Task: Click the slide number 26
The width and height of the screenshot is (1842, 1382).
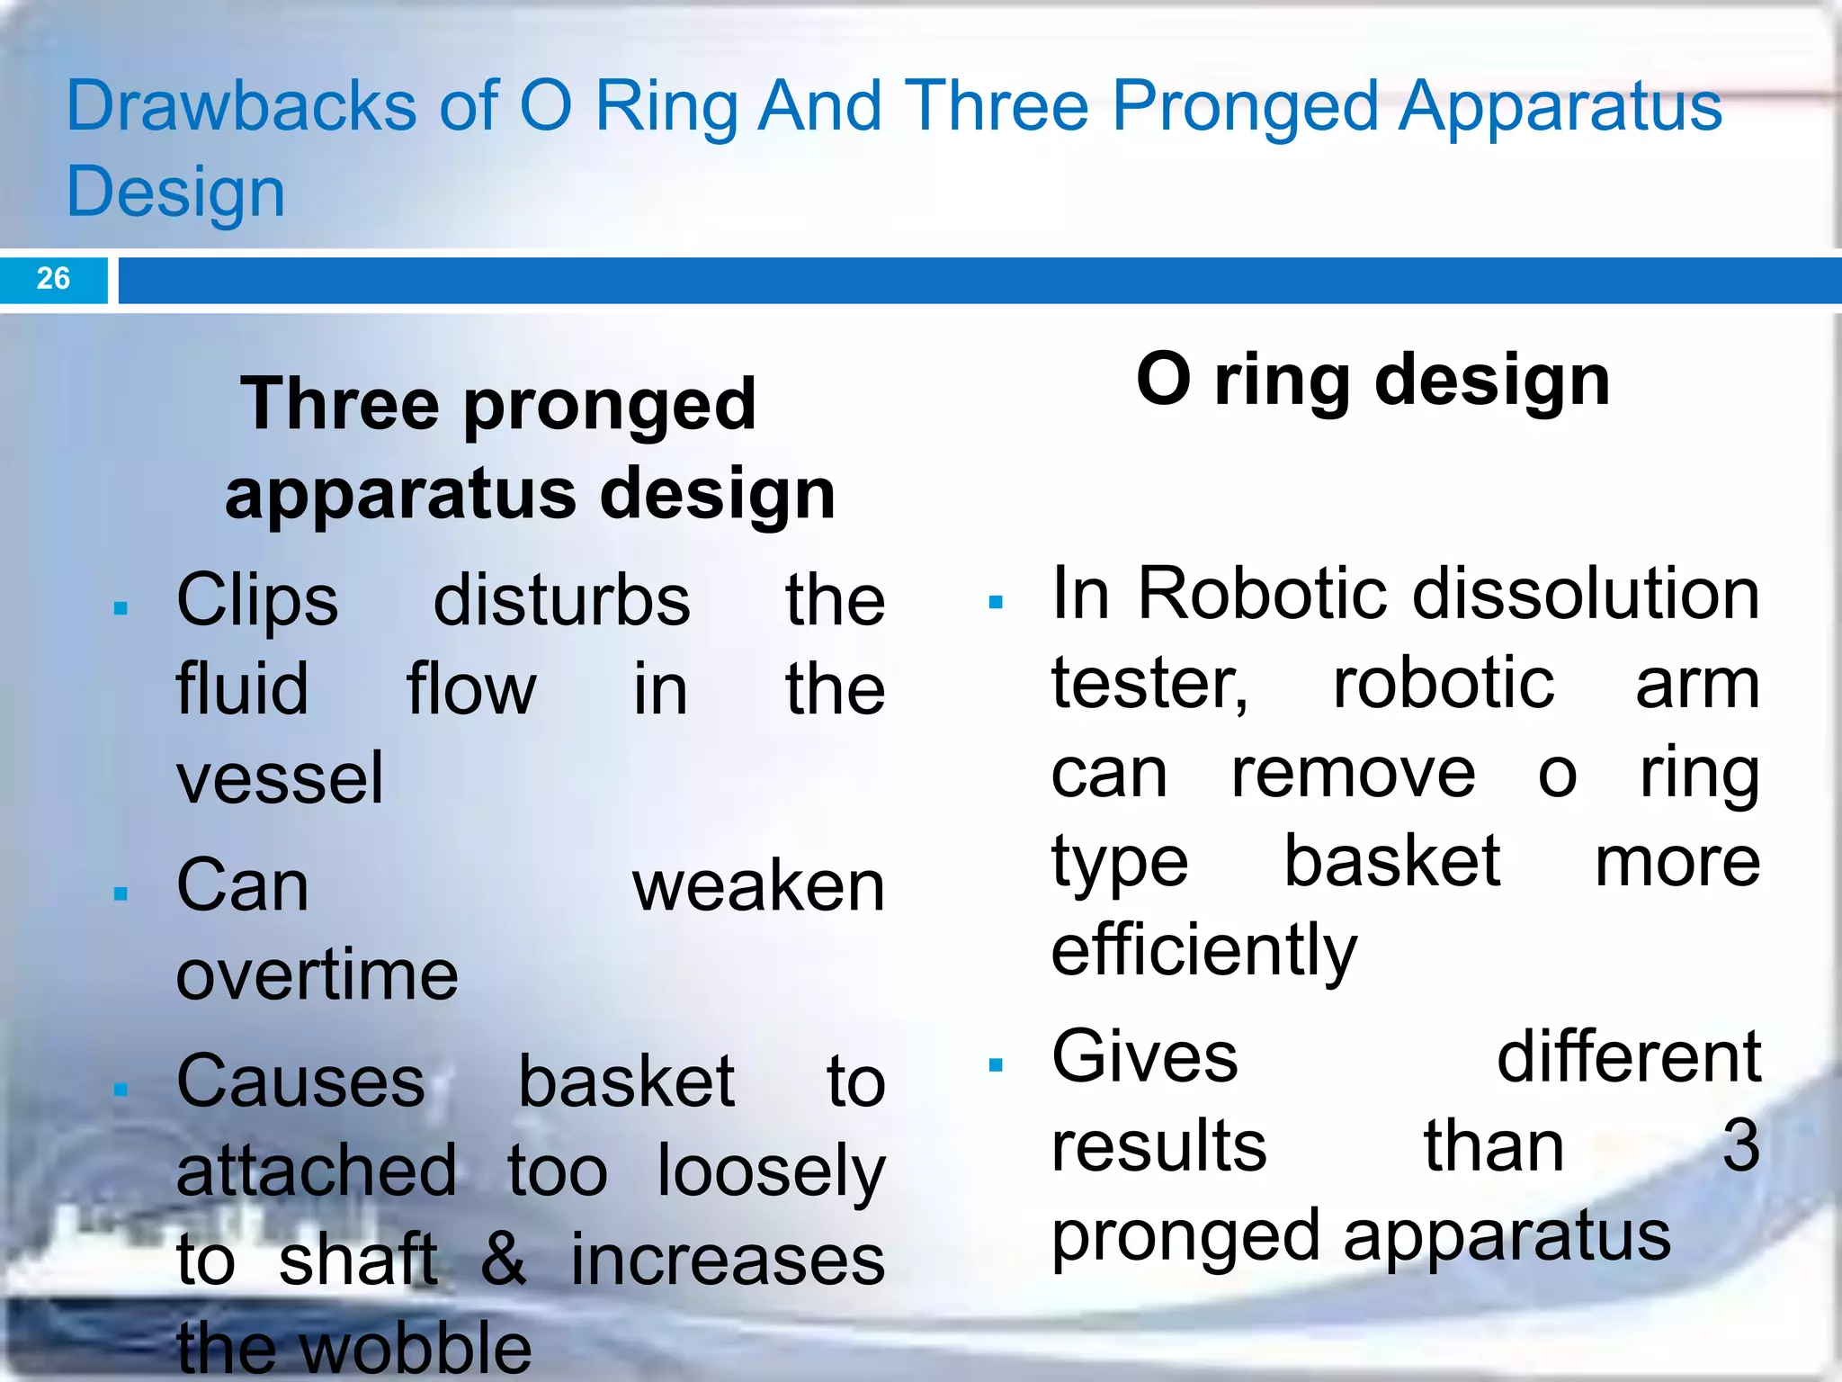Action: pyautogui.click(x=53, y=278)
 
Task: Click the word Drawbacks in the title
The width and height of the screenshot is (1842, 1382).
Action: pyautogui.click(x=241, y=106)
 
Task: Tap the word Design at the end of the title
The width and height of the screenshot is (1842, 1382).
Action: pyautogui.click(x=175, y=193)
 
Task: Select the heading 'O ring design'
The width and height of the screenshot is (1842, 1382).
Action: pyautogui.click(x=1373, y=381)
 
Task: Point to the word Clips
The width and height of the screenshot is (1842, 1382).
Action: pyautogui.click(x=257, y=601)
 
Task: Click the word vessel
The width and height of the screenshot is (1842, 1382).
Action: pyautogui.click(x=280, y=778)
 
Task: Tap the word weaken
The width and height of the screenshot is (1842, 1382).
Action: pyautogui.click(x=758, y=886)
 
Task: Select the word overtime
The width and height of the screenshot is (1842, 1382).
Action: pyautogui.click(x=317, y=974)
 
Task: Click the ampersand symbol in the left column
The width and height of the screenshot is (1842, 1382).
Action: pyautogui.click(x=503, y=1260)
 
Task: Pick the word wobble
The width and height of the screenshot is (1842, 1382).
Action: pyautogui.click(x=416, y=1348)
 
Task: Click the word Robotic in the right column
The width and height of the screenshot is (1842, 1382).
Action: pyautogui.click(x=1265, y=594)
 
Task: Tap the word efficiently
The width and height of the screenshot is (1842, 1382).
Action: pyautogui.click(x=1203, y=951)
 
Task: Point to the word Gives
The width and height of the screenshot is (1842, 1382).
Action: pyautogui.click(x=1145, y=1057)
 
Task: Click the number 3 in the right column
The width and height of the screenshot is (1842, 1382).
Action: pyautogui.click(x=1740, y=1146)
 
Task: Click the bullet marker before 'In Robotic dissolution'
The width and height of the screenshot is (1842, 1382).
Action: pyautogui.click(x=995, y=603)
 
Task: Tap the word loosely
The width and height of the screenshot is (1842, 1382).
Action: pyautogui.click(x=771, y=1171)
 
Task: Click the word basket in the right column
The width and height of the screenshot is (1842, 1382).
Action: pyautogui.click(x=1391, y=861)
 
